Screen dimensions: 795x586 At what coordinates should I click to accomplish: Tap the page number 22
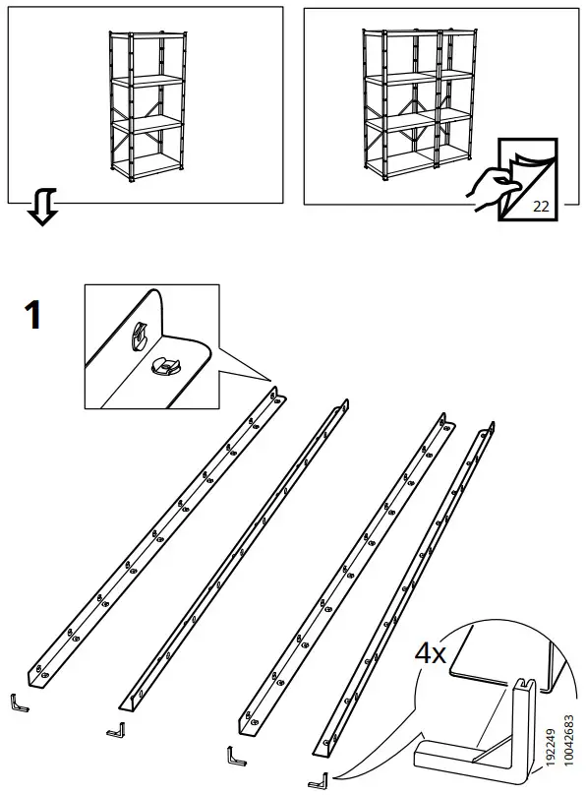point(540,206)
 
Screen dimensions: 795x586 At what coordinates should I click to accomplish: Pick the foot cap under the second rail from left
point(116,729)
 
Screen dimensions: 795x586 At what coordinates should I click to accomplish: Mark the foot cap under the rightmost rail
point(318,781)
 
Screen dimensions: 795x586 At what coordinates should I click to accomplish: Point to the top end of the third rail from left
point(447,422)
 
